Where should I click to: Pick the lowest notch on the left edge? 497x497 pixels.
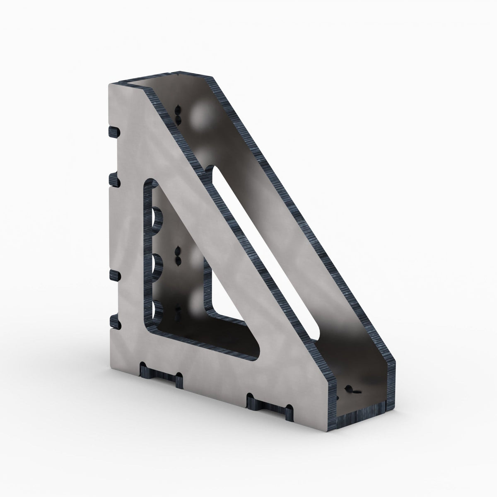coord(113,321)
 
